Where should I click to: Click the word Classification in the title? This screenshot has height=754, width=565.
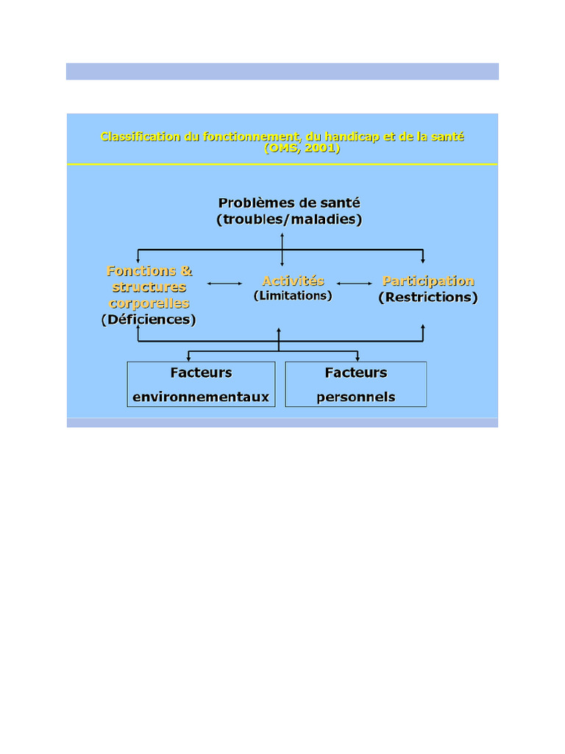pyautogui.click(x=135, y=137)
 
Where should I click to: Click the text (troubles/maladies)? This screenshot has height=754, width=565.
pyautogui.click(x=289, y=219)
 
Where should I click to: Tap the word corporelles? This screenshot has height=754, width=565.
pyautogui.click(x=149, y=303)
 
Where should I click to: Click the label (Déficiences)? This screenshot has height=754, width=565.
pyautogui.click(x=149, y=320)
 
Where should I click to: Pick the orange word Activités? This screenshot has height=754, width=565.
pyautogui.click(x=293, y=281)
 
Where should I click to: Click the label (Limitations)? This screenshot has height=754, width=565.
pyautogui.click(x=293, y=295)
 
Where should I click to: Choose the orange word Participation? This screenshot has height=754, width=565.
pyautogui.click(x=428, y=281)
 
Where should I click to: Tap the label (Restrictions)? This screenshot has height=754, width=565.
pyautogui.click(x=428, y=297)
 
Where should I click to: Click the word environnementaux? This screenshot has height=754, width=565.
pyautogui.click(x=201, y=398)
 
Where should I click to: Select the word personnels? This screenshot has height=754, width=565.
pyautogui.click(x=356, y=398)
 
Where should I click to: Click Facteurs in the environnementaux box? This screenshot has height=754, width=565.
pyautogui.click(x=201, y=373)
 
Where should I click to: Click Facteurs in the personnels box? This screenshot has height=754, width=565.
pyautogui.click(x=356, y=373)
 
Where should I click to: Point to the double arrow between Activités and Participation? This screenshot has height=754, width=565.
pyautogui.click(x=355, y=283)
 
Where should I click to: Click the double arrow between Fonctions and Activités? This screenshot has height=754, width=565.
pyautogui.click(x=225, y=283)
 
